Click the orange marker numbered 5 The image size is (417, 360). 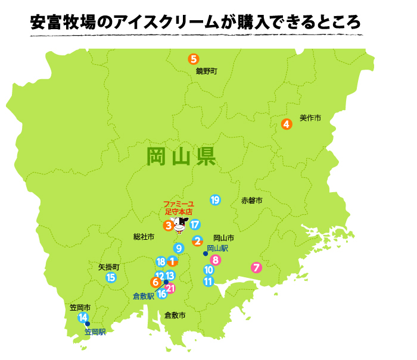coord(193,59)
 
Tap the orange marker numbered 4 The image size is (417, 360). coord(287,124)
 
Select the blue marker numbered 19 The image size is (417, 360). coord(215,200)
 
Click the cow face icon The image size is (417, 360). coord(181,224)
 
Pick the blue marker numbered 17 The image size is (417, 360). coord(195,225)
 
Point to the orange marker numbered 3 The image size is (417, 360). coord(169,226)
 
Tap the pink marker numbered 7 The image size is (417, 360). coord(256,267)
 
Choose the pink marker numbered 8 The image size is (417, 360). coord(215,259)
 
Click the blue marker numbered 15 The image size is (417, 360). coord(111,277)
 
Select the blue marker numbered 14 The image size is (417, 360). coord(83,317)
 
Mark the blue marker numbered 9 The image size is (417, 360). coord(179,248)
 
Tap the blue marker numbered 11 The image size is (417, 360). coord(208,281)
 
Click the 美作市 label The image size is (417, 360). coord(310,118)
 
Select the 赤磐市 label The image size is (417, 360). coord(252,201)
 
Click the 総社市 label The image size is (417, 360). coord(144,237)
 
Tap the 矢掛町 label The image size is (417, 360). coord(108,267)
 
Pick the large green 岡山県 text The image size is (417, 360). coord(181,157)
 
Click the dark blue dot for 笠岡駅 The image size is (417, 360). coord(88,324)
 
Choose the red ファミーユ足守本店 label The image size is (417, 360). coord(179,208)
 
